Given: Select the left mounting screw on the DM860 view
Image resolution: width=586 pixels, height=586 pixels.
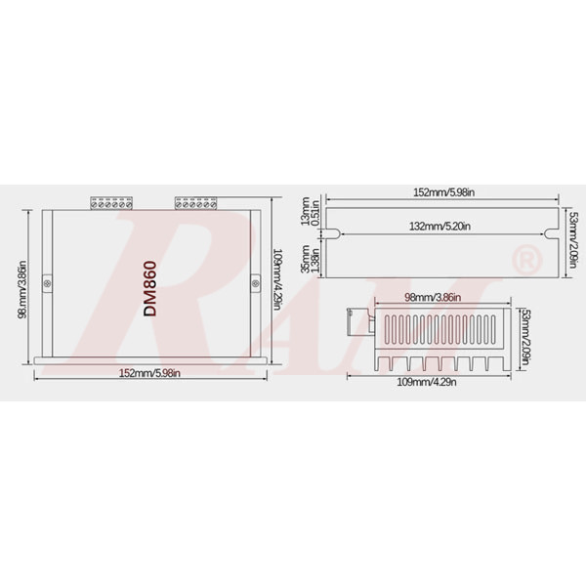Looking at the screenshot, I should point(50,283).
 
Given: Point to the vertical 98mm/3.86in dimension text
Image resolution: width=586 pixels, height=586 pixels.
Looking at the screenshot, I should point(21,285).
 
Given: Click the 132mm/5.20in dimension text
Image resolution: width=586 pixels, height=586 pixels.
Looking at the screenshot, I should point(439,227).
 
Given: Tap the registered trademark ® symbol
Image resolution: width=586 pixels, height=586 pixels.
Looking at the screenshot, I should point(524,261).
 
